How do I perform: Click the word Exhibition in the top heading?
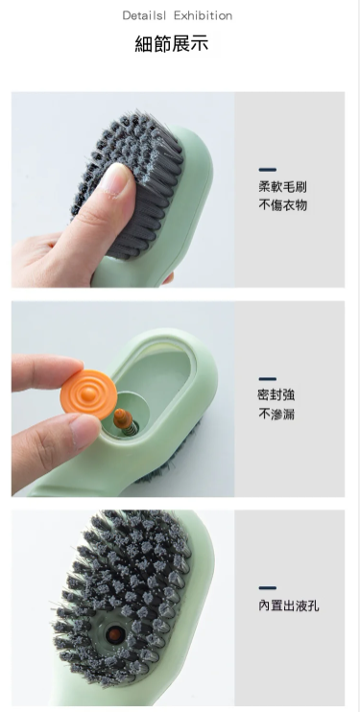point(204,16)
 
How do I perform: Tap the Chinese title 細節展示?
point(172,43)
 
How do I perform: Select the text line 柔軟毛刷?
point(283,186)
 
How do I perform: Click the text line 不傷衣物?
point(283,205)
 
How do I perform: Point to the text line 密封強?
point(276,395)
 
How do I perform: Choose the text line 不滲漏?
point(276,415)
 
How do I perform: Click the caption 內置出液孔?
point(289,605)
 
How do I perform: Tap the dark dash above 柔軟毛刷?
point(267,170)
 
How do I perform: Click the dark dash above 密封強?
point(267,379)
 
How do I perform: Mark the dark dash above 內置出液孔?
point(267,588)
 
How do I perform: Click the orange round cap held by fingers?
point(88,394)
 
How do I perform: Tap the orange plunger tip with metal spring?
point(123,419)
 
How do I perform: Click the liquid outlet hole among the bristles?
point(113,634)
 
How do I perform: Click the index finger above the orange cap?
point(45,372)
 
